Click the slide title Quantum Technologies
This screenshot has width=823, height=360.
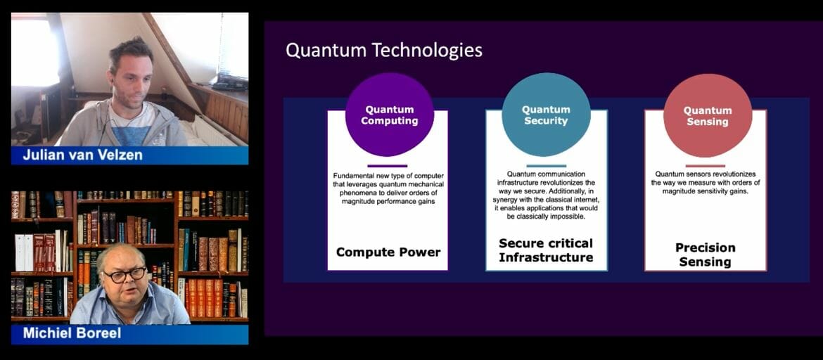383,51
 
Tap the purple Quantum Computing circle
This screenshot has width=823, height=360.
389,115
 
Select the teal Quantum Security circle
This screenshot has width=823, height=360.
546,115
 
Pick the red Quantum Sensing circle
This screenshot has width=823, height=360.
707,115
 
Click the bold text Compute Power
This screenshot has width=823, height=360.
388,252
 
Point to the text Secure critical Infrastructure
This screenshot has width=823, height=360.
546,250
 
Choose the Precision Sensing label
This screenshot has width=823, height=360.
705,255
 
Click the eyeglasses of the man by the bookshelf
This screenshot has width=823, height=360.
125,275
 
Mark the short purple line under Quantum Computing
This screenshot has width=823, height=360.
387,166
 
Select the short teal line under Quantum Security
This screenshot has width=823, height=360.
546,166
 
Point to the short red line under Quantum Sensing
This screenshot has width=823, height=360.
705,166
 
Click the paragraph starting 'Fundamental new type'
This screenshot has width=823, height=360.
388,189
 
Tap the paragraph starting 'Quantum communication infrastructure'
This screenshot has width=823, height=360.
546,195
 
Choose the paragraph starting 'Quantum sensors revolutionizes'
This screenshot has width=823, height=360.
705,182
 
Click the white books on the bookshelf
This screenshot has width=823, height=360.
23,252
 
